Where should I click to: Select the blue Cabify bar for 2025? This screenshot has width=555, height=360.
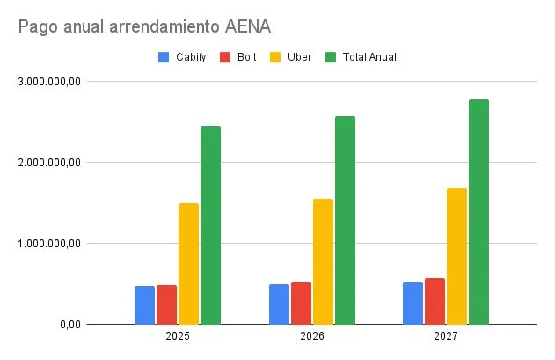coord(144,305)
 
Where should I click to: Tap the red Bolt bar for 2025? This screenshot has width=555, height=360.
coord(167,305)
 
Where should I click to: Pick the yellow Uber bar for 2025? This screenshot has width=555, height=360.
coord(189,264)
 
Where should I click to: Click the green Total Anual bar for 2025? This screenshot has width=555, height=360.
coord(211,225)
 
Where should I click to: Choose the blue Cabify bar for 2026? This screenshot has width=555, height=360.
coord(279,304)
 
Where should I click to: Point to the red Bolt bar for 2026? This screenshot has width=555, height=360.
coord(301,303)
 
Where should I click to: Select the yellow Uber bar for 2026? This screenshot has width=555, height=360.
coord(323,261)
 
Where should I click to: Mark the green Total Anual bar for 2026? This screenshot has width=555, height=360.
coord(345,220)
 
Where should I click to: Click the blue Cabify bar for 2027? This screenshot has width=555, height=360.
coord(413,303)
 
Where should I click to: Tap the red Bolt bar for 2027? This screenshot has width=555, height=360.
coord(435,301)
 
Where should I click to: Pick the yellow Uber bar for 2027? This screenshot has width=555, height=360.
coord(456,256)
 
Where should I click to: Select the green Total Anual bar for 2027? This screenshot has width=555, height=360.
coord(478,211)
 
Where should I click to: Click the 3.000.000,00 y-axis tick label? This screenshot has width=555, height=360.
coord(49,82)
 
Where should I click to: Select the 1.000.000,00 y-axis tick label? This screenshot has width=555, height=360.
coord(49,244)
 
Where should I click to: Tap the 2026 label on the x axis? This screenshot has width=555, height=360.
coord(311,337)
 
